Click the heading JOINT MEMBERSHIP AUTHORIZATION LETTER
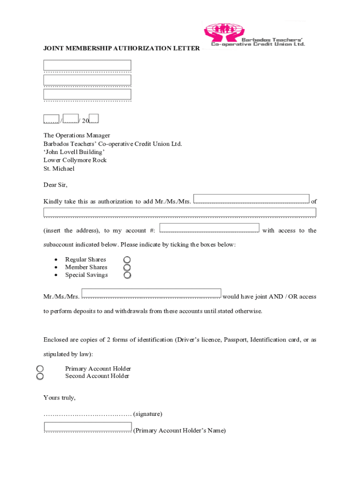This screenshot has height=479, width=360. pos(122,48)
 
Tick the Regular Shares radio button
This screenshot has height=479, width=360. pos(127,260)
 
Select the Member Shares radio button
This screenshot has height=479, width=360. pos(127,268)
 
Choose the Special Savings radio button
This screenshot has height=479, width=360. pos(127,275)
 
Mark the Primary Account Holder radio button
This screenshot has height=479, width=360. pos(40,369)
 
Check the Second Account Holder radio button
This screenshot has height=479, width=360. pos(40,376)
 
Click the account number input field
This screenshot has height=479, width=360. pos(209,228)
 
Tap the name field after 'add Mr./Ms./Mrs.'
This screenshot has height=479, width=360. pos(251,199)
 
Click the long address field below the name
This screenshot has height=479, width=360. pos(180,212)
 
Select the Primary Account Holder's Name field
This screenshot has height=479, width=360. pos(87,427)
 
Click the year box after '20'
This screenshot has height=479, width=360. pos(94,118)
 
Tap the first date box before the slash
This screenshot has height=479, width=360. pos(51,119)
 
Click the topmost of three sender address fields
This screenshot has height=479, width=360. pos(87,65)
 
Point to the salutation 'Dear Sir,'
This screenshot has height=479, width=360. pos(56,185)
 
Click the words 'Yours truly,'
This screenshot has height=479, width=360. pos(59,398)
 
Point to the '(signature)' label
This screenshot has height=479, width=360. pos(148,414)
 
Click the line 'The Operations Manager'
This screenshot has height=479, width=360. pos(77,136)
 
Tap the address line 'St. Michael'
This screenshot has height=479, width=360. pos(59,168)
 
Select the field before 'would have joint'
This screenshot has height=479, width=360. pos(151,293)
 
